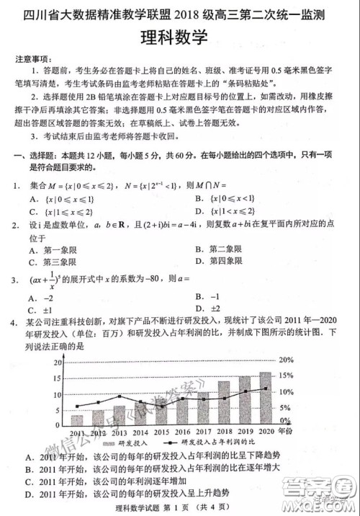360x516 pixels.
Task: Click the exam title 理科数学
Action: tap(181, 35)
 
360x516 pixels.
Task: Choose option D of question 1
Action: tap(224, 211)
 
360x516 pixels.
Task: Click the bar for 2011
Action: tap(77, 419)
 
